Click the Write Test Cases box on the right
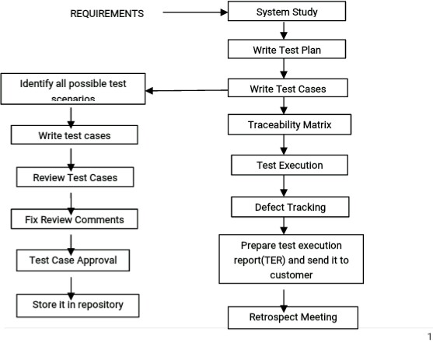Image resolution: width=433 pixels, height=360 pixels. click(288, 89)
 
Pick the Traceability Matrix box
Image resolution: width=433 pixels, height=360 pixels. click(289, 124)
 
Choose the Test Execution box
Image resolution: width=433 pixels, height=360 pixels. click(289, 165)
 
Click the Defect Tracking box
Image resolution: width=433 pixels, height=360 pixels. click(290, 207)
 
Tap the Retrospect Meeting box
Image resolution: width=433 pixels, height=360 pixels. click(293, 317)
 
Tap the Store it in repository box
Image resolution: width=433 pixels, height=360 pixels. click(79, 304)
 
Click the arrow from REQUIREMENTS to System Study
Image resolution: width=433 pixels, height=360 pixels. click(194, 13)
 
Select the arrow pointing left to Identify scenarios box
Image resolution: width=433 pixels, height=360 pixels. click(187, 91)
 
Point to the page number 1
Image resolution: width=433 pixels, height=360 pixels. click(428, 337)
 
